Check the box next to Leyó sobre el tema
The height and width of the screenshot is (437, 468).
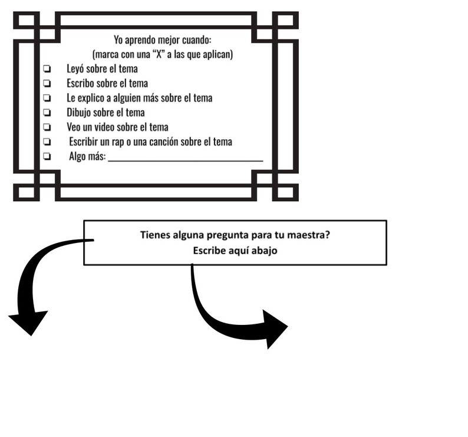tap(47, 68)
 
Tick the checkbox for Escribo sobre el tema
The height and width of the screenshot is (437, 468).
tap(47, 83)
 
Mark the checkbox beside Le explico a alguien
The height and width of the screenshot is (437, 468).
tap(47, 98)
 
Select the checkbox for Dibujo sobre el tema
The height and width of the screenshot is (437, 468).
tap(47, 112)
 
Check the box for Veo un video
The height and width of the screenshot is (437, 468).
tap(47, 127)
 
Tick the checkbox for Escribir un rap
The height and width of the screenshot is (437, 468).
tap(47, 142)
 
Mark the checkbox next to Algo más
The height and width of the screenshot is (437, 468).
tap(47, 156)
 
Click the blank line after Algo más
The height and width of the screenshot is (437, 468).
tap(185, 161)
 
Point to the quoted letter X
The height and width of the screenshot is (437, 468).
tap(159, 54)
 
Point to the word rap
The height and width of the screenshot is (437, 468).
tap(118, 142)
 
